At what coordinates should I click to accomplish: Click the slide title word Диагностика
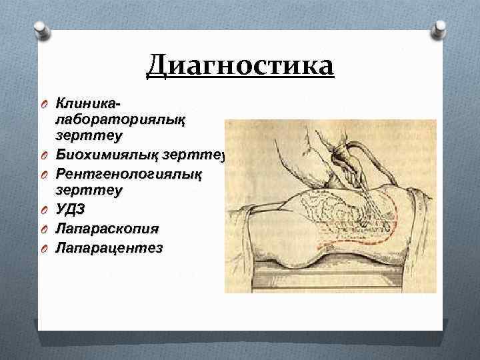coord(240,68)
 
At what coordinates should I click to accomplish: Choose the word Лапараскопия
coord(107,229)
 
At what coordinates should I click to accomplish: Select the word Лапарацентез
coord(109,247)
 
